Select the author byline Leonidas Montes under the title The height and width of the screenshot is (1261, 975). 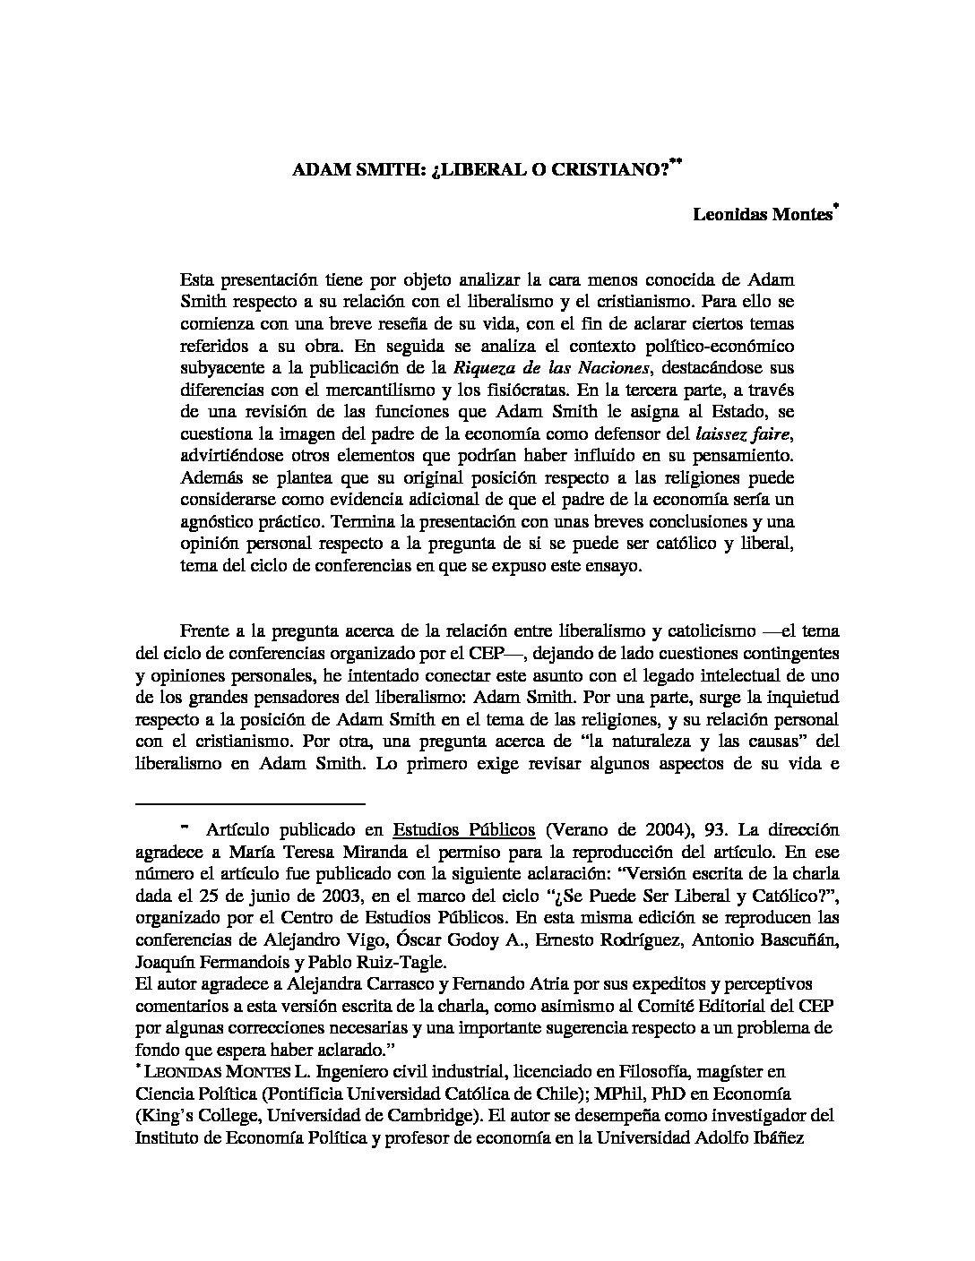[x=762, y=216]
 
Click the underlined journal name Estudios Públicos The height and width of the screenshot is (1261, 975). [x=464, y=829]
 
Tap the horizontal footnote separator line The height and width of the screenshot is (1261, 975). [x=250, y=804]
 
